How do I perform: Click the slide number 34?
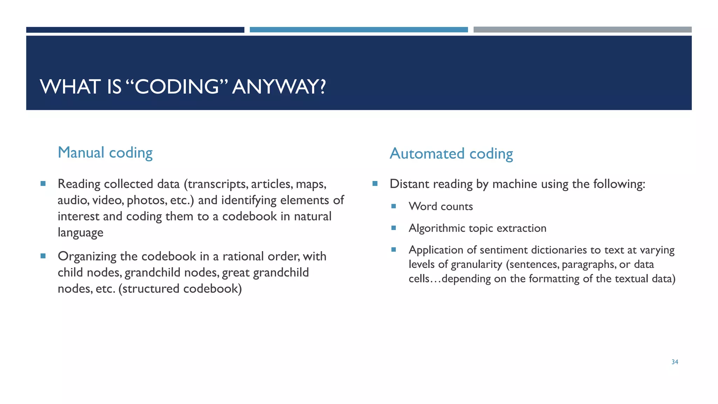coord(675,362)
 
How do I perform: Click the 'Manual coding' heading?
coord(105,153)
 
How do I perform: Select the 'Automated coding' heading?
coord(451,154)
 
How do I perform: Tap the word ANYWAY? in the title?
coord(279,87)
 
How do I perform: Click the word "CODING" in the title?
coord(177,87)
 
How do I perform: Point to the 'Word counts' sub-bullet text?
coord(441,207)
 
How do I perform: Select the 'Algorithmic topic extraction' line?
coord(477,228)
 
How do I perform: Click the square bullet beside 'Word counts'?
coord(393,206)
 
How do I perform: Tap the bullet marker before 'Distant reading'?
coord(375,183)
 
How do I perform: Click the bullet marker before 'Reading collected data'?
coord(43,183)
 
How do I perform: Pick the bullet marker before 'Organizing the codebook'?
coord(43,256)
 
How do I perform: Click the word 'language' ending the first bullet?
coord(80,233)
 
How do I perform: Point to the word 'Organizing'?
coord(87,257)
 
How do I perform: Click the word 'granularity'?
coord(476,264)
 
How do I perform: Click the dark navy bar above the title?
coord(135,30)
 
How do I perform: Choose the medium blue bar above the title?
coord(359,30)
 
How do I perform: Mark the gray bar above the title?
coord(582,30)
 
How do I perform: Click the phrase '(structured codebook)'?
coord(180,289)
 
